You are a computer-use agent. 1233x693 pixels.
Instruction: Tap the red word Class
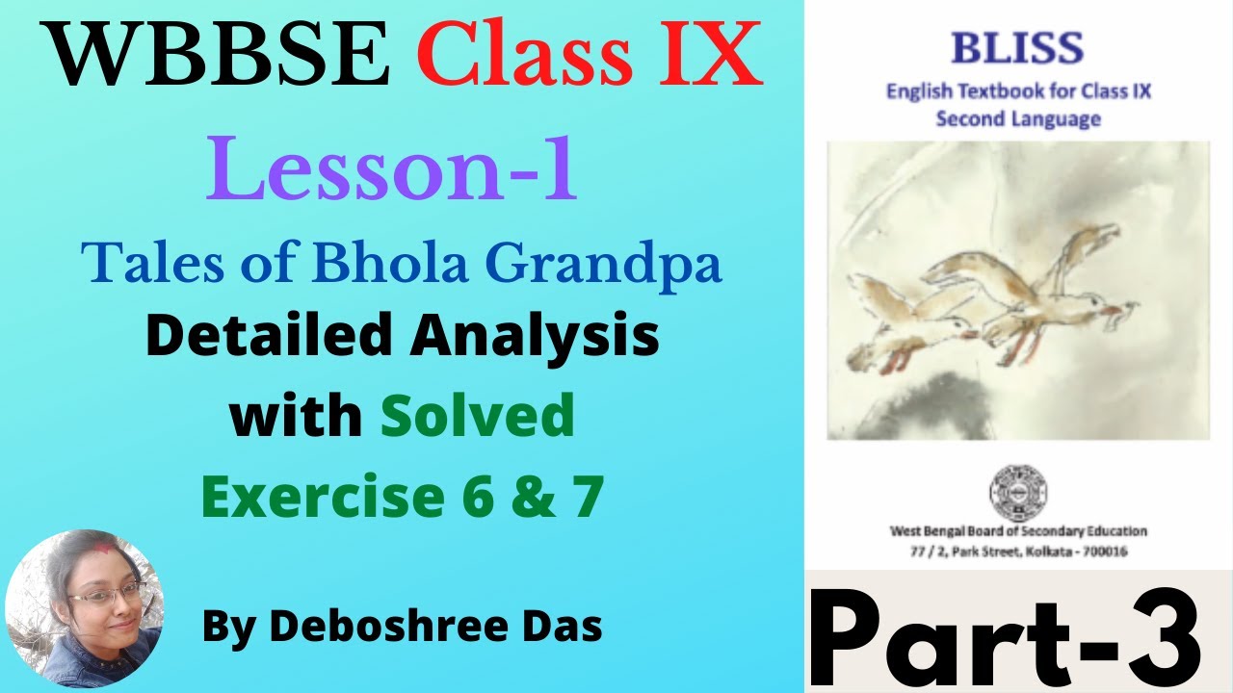click(x=529, y=57)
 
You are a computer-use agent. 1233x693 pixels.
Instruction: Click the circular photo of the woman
click(x=85, y=609)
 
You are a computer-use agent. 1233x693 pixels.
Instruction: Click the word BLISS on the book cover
click(x=1018, y=47)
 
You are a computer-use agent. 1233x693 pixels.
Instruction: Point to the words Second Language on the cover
click(x=1018, y=119)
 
